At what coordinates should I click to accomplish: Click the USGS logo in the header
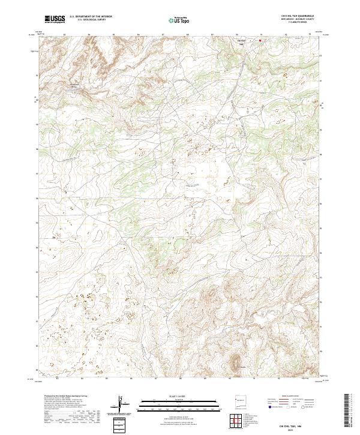(55, 19)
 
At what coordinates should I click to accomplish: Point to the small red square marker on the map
(260, 41)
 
